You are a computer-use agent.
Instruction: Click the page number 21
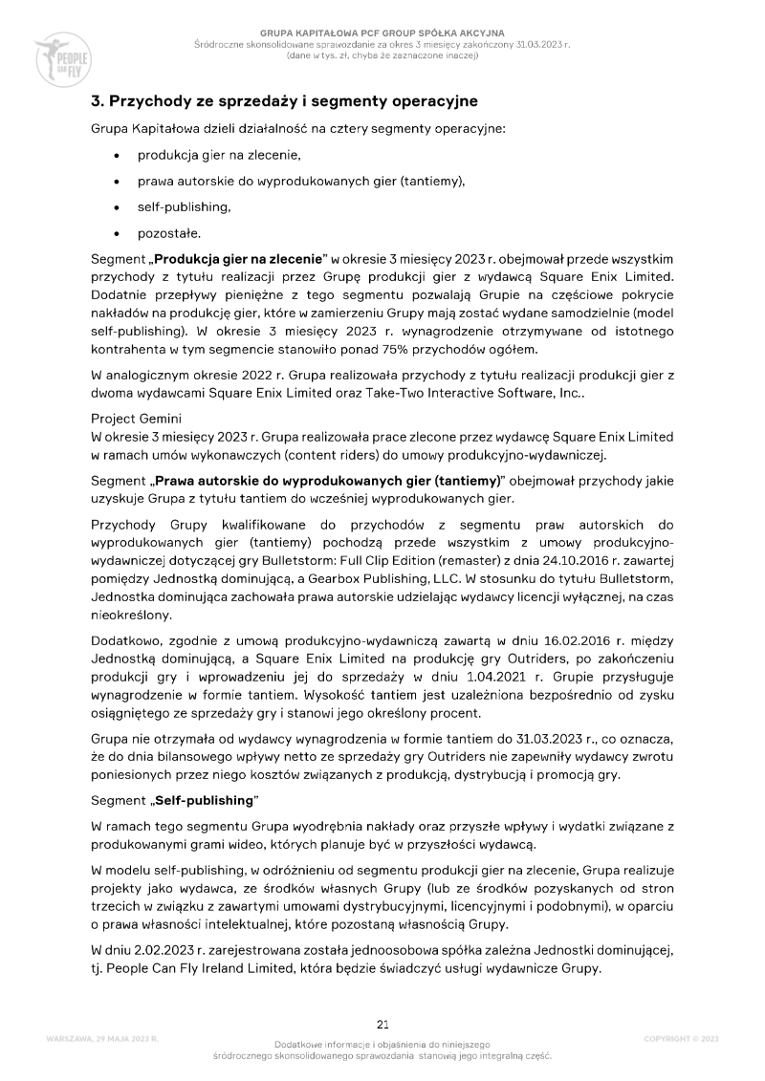coord(382,1025)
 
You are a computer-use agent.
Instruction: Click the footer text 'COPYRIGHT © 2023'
coord(681,1038)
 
